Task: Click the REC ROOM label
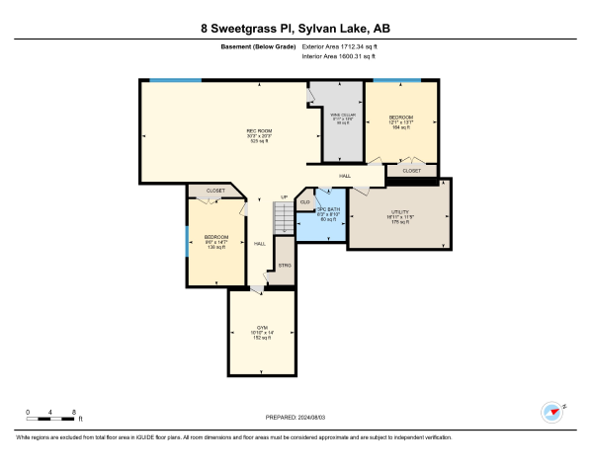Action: click(259, 130)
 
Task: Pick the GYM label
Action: click(263, 327)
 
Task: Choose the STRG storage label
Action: click(285, 266)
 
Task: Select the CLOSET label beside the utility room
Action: click(411, 171)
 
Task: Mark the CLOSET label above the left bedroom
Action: click(214, 191)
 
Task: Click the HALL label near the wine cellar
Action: click(345, 176)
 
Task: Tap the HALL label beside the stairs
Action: click(260, 243)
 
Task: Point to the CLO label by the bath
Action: click(305, 201)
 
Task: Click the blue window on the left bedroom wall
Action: click(188, 240)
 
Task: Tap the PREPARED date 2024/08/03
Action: click(295, 418)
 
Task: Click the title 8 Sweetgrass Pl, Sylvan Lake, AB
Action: click(295, 29)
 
